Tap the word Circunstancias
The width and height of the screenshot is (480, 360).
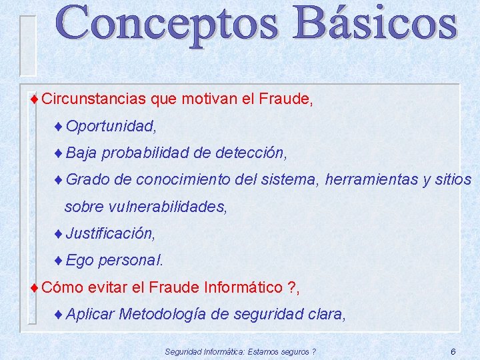click(x=93, y=99)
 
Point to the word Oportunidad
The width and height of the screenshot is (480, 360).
click(x=110, y=126)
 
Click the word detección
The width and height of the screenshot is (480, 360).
click(x=251, y=153)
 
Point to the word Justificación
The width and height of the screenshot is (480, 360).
click(x=110, y=234)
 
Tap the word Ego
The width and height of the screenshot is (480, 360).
click(x=80, y=261)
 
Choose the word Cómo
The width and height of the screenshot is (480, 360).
click(x=62, y=287)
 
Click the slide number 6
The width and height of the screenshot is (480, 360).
click(x=453, y=351)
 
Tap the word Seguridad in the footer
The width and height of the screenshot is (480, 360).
click(x=183, y=351)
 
